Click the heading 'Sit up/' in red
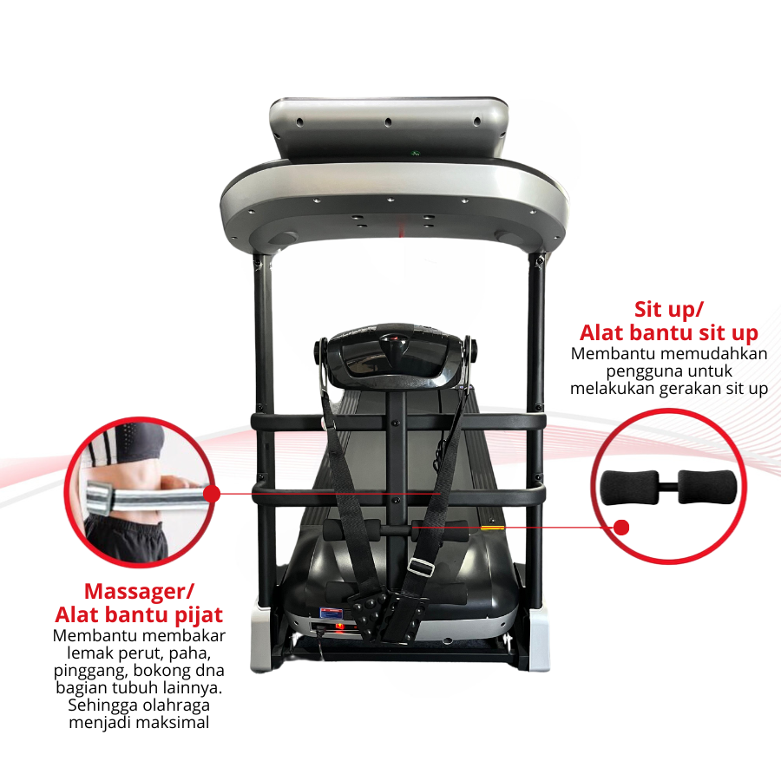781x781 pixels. click(668, 310)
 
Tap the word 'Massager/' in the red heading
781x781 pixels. click(139, 592)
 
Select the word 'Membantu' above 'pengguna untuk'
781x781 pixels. click(608, 354)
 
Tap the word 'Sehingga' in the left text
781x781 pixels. click(103, 706)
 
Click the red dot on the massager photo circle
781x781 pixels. click(212, 494)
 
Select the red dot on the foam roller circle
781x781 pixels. click(621, 528)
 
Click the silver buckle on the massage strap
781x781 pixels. click(421, 567)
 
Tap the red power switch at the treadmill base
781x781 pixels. click(339, 626)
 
